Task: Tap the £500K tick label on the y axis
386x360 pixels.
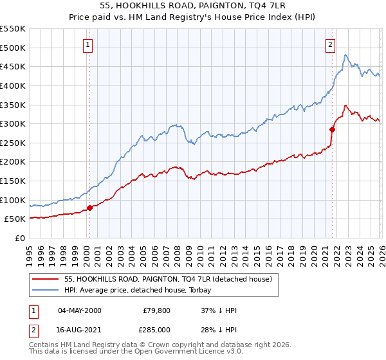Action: (x=13, y=48)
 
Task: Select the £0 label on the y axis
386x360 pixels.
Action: (x=20, y=239)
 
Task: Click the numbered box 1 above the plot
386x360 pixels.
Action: (x=87, y=45)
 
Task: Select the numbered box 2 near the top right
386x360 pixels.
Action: (x=330, y=45)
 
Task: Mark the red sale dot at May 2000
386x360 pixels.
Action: (x=89, y=208)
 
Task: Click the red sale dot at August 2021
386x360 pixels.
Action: (x=333, y=129)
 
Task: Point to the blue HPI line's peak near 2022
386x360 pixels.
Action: (x=345, y=55)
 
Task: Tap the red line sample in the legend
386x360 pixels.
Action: (x=46, y=279)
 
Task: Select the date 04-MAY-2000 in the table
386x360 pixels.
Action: (x=79, y=310)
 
